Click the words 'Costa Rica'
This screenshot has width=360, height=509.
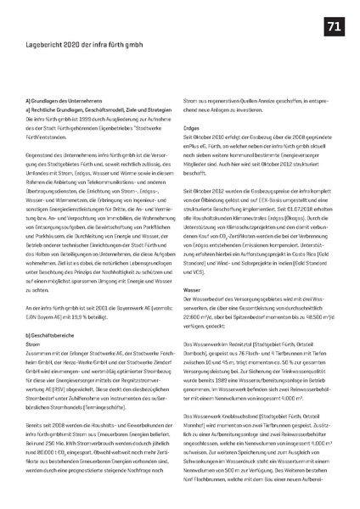pos(302,251)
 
